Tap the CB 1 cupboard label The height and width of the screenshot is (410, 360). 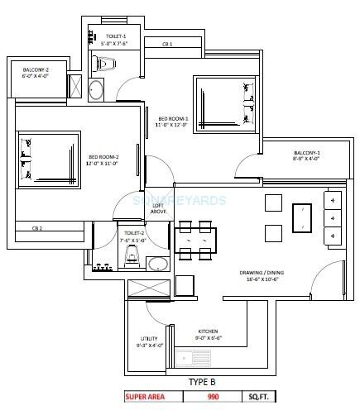(x=166, y=43)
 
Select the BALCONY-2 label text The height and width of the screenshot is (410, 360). (x=35, y=73)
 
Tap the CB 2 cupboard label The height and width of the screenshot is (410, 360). (x=37, y=228)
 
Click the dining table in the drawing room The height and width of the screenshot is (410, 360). (x=198, y=240)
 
